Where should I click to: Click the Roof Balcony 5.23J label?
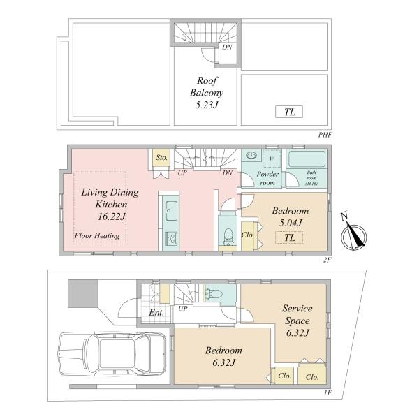(207, 92)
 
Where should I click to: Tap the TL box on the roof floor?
(289, 112)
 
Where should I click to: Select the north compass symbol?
(353, 233)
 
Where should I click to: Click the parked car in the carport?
(112, 353)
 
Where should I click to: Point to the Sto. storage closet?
(161, 159)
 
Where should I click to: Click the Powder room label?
(267, 178)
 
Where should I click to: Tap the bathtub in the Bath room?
(307, 159)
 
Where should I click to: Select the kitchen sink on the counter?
(171, 211)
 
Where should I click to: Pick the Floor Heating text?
(97, 236)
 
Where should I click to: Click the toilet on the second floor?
(228, 237)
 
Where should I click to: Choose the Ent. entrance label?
(156, 312)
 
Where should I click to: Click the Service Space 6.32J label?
(297, 321)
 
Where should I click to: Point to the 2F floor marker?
(327, 260)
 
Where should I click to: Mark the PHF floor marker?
(325, 135)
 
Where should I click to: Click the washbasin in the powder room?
(251, 155)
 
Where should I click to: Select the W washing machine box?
(272, 159)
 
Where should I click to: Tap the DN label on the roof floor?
(227, 47)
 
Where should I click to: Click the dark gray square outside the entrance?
(83, 293)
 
